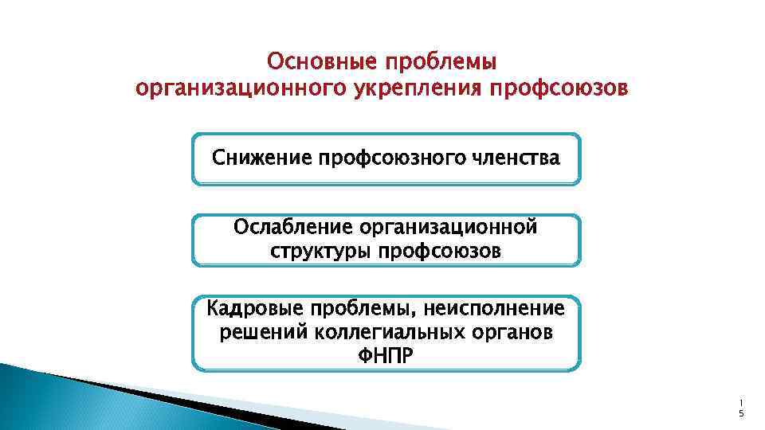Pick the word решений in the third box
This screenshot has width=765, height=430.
pyautogui.click(x=253, y=330)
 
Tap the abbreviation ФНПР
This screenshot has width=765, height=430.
pyautogui.click(x=386, y=354)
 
